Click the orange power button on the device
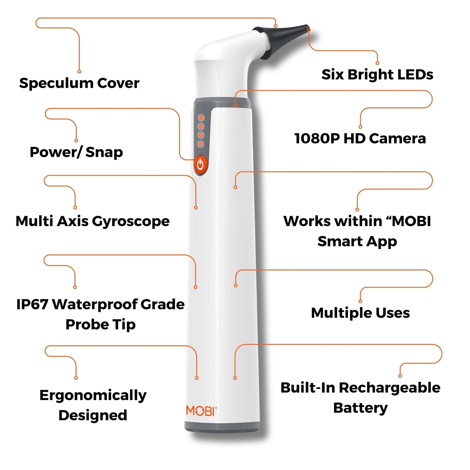point(200,165)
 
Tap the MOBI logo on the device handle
point(201,411)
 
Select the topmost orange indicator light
point(201,118)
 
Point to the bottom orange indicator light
point(201,144)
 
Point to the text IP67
point(32,304)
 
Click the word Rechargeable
point(390,388)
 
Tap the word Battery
point(360,408)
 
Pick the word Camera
point(397,139)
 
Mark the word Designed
point(93,415)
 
